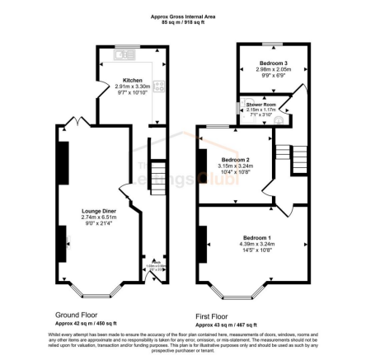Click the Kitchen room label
point(126,79)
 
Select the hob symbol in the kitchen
point(158,85)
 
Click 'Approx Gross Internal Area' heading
point(175,16)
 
